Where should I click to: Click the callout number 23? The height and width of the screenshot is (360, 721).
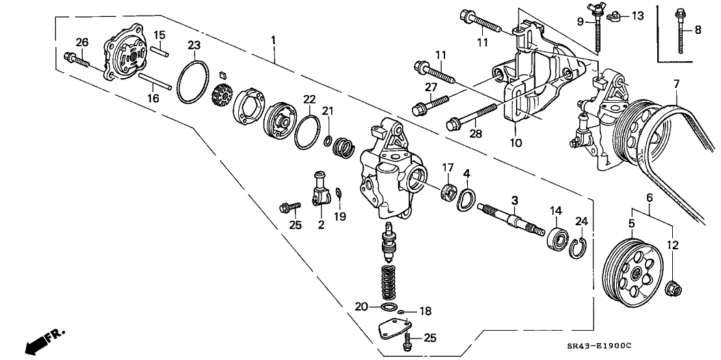pyautogui.click(x=193, y=44)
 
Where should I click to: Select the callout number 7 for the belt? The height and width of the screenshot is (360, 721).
pyautogui.click(x=676, y=84)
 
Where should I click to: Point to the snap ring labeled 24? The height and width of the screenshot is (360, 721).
pyautogui.click(x=577, y=247)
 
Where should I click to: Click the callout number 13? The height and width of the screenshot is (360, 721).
pyautogui.click(x=637, y=15)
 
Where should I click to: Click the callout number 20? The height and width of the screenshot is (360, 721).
pyautogui.click(x=360, y=305)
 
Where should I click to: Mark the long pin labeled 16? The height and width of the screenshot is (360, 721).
pyautogui.click(x=154, y=81)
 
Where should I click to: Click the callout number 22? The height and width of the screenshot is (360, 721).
pyautogui.click(x=309, y=99)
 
